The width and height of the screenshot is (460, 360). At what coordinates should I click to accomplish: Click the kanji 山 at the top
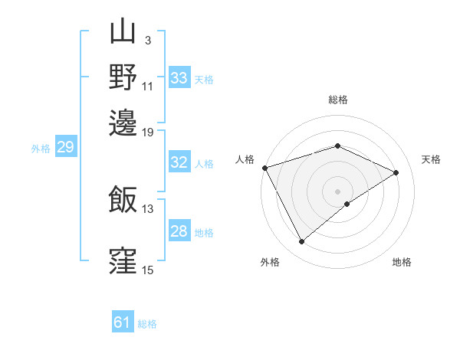tap(123, 33)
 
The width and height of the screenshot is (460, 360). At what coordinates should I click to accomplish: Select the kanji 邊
tap(123, 121)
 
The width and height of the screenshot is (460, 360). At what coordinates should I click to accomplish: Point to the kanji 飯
tap(123, 200)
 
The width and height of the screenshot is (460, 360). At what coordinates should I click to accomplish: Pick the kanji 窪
tap(123, 259)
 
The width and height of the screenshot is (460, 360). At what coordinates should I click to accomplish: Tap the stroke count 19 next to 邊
tap(148, 132)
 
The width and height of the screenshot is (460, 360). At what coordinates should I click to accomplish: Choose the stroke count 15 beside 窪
tap(148, 270)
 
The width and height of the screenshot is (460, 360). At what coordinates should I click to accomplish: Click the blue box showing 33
tap(179, 77)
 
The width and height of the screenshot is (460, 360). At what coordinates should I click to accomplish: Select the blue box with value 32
tap(179, 162)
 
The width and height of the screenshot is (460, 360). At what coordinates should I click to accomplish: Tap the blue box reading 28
tap(179, 231)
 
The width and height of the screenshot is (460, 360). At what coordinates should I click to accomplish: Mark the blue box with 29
tap(65, 148)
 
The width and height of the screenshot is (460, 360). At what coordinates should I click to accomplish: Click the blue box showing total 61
tap(123, 322)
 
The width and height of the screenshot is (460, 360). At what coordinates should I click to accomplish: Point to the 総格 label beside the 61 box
tap(147, 324)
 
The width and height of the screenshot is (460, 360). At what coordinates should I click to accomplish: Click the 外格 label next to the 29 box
tap(41, 149)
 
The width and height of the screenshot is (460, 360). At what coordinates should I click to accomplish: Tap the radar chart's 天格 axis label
tap(431, 159)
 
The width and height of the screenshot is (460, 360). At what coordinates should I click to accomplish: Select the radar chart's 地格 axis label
tap(402, 262)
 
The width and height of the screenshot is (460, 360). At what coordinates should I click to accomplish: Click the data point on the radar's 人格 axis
tap(264, 168)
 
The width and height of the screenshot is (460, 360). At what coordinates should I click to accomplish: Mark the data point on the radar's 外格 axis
tap(301, 242)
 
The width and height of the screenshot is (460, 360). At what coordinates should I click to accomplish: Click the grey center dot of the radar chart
tap(338, 191)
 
